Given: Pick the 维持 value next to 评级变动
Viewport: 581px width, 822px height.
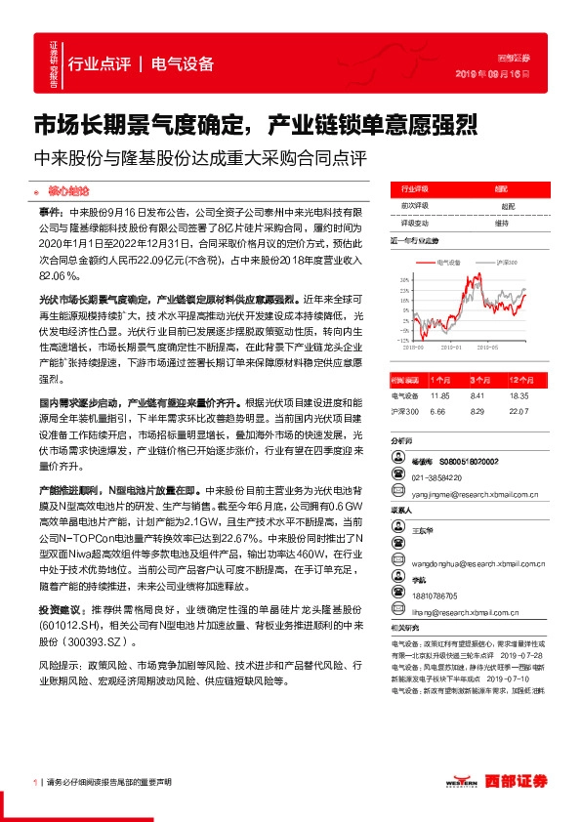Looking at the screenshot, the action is click(501, 223).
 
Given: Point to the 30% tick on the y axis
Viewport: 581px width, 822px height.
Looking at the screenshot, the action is click(403, 280).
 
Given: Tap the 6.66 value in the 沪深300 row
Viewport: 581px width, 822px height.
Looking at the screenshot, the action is click(437, 412).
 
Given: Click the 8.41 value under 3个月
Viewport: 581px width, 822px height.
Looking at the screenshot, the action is click(477, 395).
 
